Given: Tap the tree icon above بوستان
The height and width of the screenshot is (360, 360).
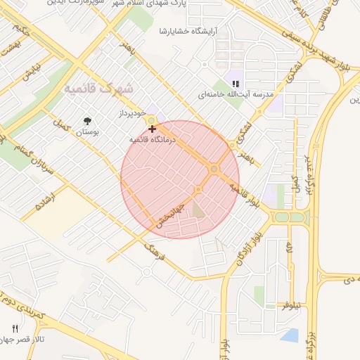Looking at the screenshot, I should tap(87, 121).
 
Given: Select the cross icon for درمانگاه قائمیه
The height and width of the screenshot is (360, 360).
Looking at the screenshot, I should tap(153, 129).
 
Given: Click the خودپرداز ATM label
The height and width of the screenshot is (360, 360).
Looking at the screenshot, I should tap(131, 112).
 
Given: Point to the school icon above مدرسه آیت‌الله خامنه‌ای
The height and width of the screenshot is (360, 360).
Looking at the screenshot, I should tap(226, 83).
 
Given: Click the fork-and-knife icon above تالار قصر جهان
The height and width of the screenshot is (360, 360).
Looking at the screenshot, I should tap(15, 328).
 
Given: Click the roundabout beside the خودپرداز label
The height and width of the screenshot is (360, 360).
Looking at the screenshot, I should tap(152, 121).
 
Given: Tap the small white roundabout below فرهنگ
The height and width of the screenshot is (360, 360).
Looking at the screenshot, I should tap(146, 271).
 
